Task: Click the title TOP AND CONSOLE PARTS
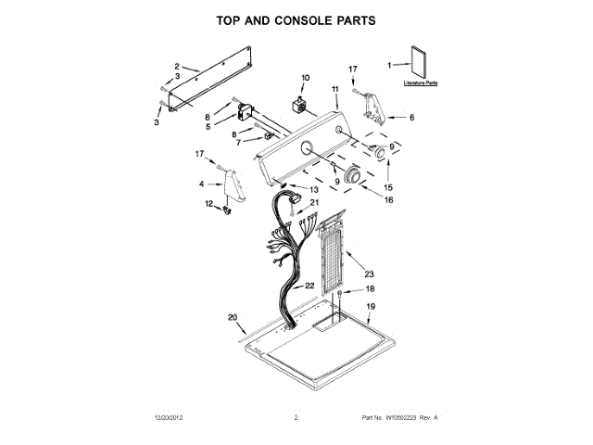296,19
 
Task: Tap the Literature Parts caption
420,83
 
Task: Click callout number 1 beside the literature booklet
390,65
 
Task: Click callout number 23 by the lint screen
369,274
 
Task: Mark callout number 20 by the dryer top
233,318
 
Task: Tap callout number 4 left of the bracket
203,184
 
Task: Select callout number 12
208,203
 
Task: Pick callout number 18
370,289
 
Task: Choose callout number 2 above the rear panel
176,66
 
